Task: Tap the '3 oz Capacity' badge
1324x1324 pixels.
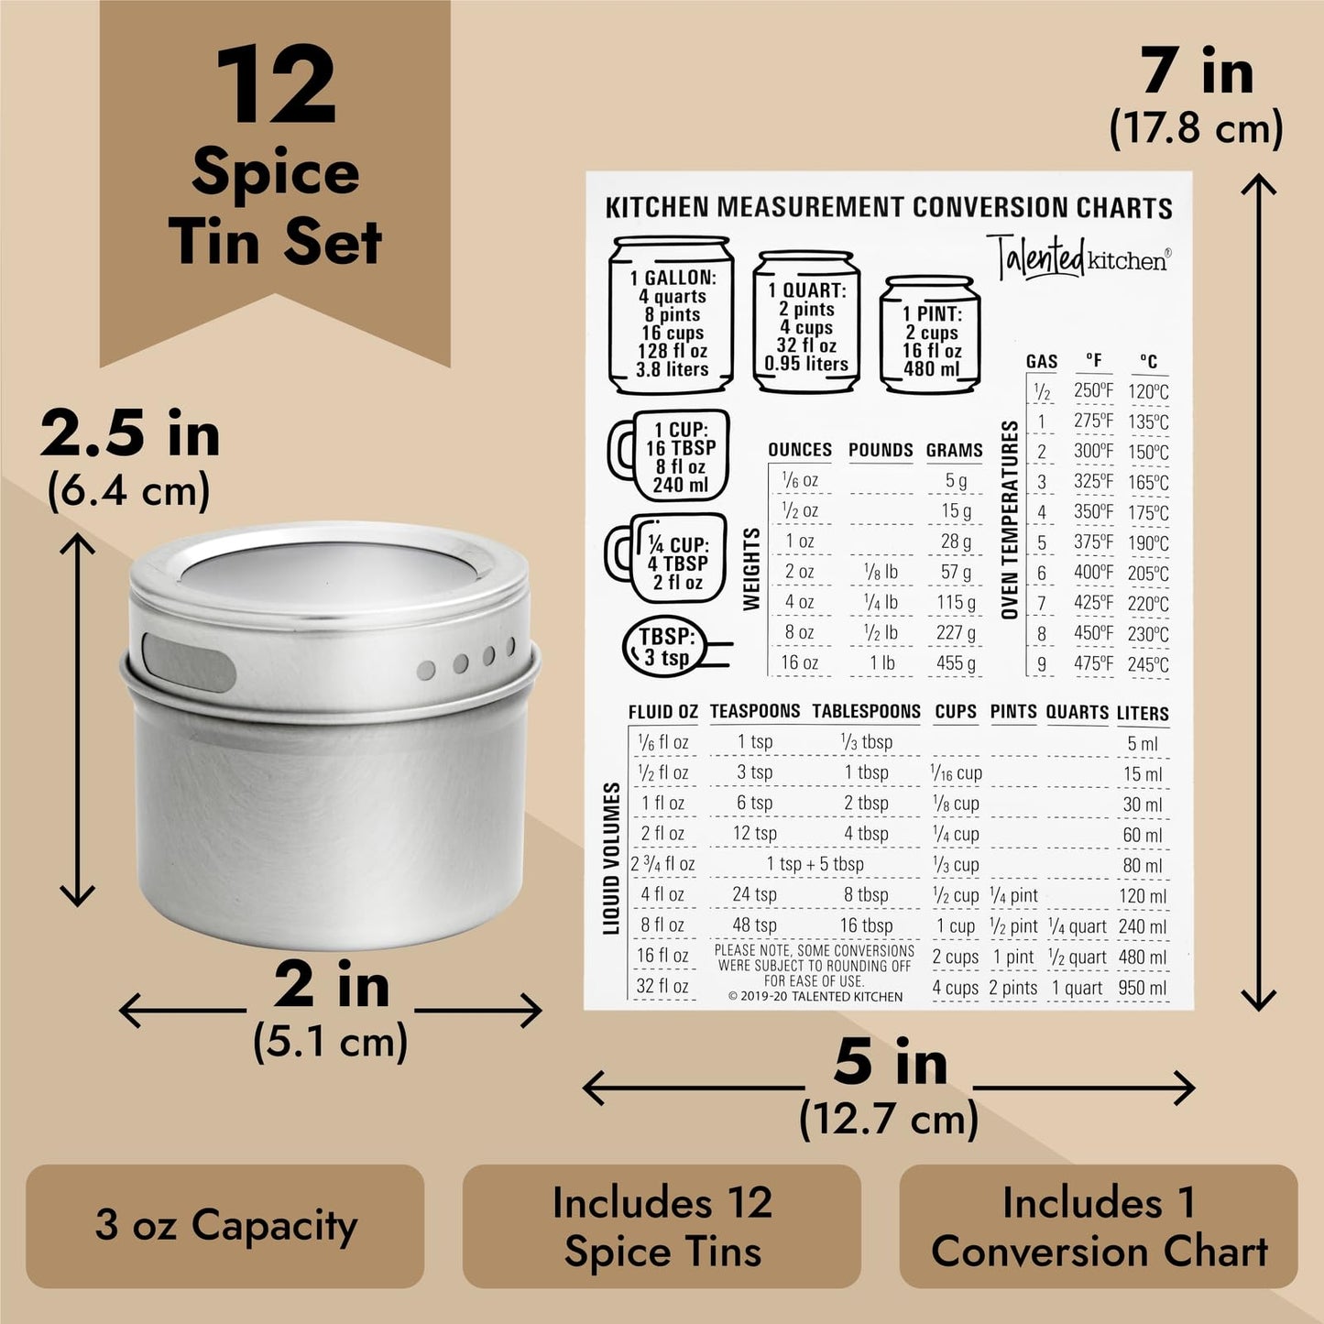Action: tap(225, 1225)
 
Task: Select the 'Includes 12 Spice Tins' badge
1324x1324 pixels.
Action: tap(662, 1226)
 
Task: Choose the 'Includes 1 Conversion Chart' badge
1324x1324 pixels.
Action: tap(1099, 1226)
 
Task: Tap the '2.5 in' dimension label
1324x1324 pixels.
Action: tap(130, 433)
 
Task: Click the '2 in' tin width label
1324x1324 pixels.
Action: tap(331, 986)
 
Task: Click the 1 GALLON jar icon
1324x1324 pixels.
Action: tap(673, 316)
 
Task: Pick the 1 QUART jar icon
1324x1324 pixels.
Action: tap(806, 323)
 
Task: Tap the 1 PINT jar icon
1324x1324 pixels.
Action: tap(930, 336)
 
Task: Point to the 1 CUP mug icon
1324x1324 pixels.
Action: tap(671, 455)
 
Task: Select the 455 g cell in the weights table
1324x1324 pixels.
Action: tap(956, 663)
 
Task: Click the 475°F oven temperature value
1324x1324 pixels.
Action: tap(1093, 663)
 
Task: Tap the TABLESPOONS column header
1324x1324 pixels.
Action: tap(866, 712)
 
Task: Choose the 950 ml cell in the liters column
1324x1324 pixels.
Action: tap(1143, 989)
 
